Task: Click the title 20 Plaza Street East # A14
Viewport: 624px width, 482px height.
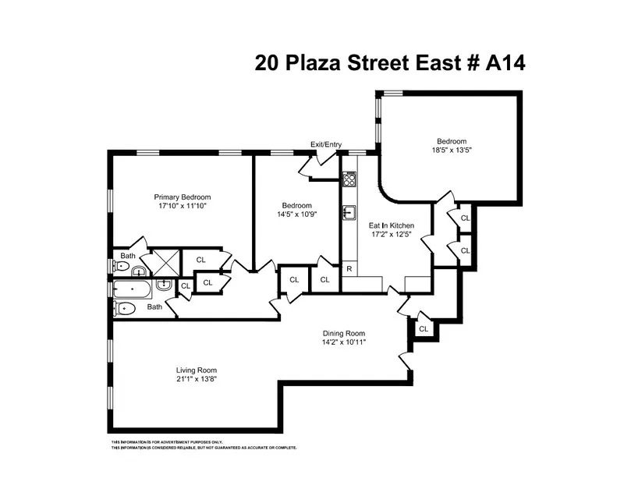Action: click(x=389, y=62)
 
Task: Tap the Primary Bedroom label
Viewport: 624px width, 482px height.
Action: click(x=182, y=197)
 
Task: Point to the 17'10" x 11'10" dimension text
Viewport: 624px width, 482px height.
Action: click(x=182, y=207)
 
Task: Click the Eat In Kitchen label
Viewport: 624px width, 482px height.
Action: click(x=391, y=225)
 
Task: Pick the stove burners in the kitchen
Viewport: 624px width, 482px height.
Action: click(x=349, y=179)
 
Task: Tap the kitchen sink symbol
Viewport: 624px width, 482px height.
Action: click(x=349, y=212)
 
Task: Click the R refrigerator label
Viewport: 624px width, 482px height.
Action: click(x=349, y=268)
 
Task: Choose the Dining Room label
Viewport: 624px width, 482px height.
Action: click(x=343, y=333)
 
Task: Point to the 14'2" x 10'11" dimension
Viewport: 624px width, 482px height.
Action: click(x=343, y=342)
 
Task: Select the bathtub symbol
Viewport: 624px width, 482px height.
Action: click(x=133, y=290)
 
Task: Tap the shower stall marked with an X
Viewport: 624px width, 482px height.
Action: click(x=165, y=263)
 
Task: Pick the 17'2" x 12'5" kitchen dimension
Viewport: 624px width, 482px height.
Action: click(x=391, y=235)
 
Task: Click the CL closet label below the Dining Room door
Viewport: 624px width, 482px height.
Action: click(x=424, y=329)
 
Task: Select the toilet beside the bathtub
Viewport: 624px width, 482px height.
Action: click(x=126, y=308)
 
